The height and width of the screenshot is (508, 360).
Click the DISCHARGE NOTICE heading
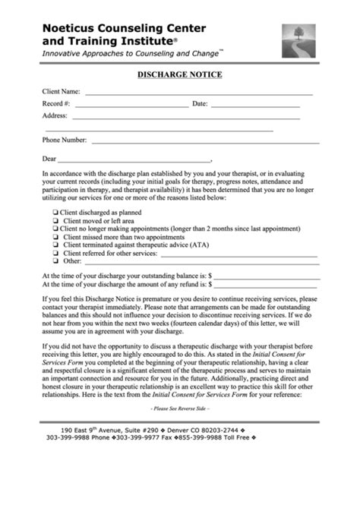(179, 75)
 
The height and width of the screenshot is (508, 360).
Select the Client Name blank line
(198, 93)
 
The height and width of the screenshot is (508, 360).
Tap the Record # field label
(57, 103)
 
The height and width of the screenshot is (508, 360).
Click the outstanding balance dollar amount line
(267, 276)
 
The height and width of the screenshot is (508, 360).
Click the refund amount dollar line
(266, 286)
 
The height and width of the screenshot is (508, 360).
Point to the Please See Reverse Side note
(180, 409)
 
